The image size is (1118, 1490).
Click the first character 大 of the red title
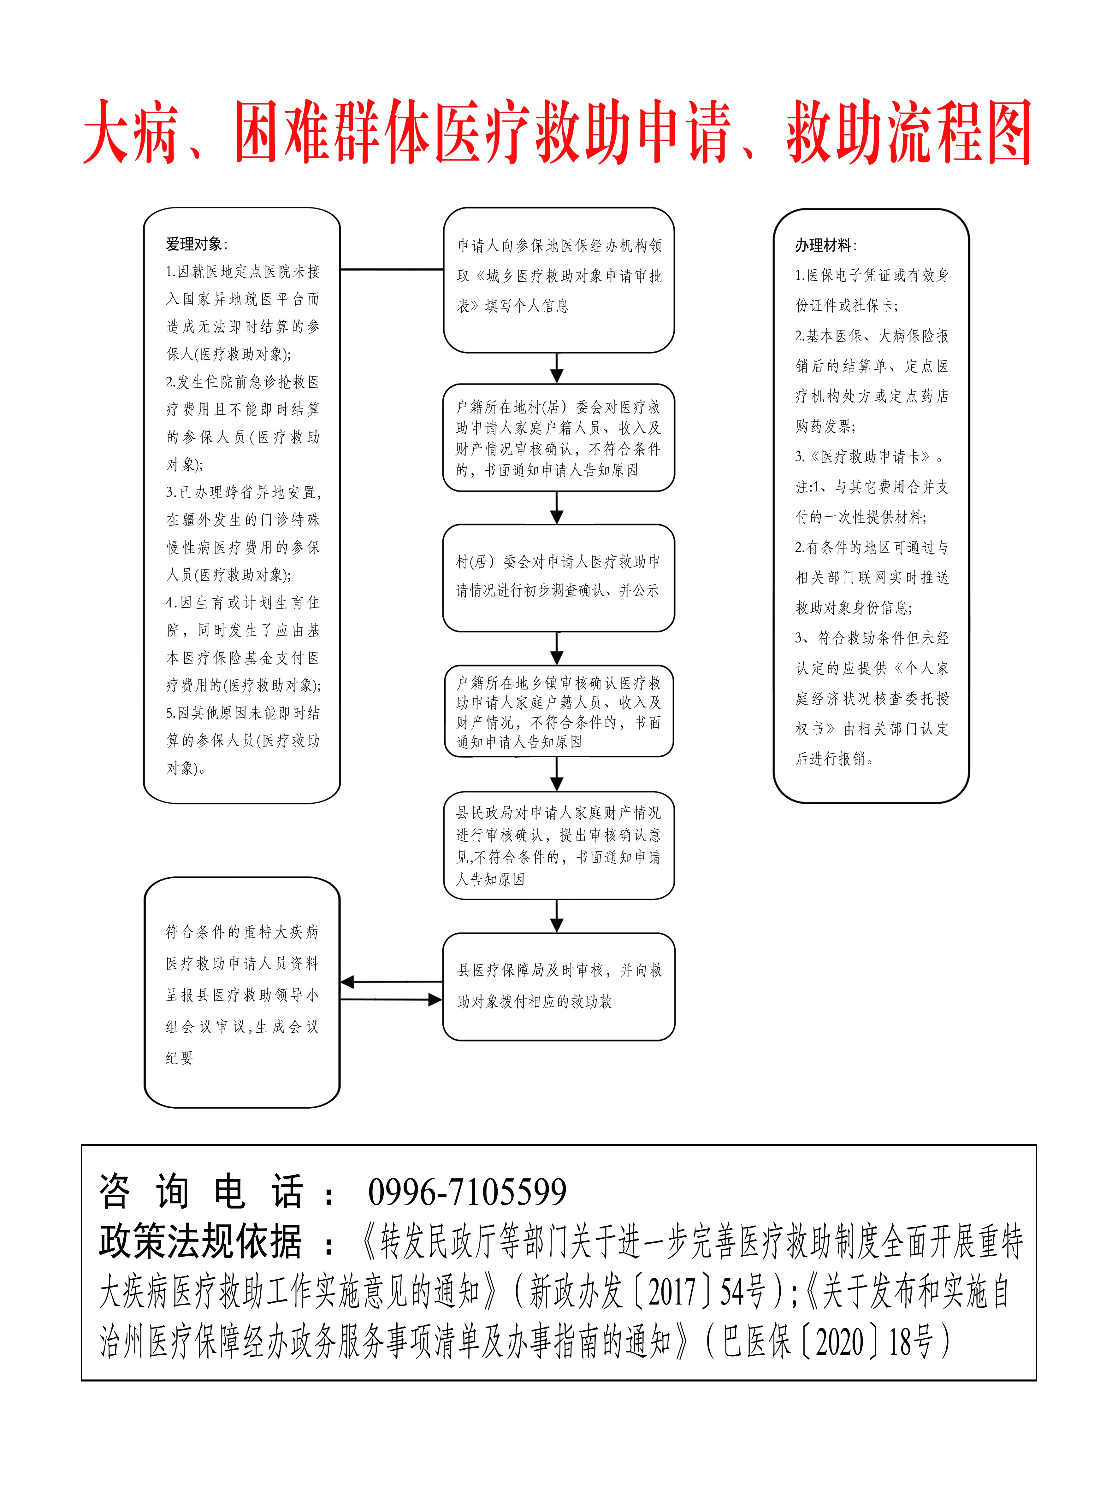coord(108,133)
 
